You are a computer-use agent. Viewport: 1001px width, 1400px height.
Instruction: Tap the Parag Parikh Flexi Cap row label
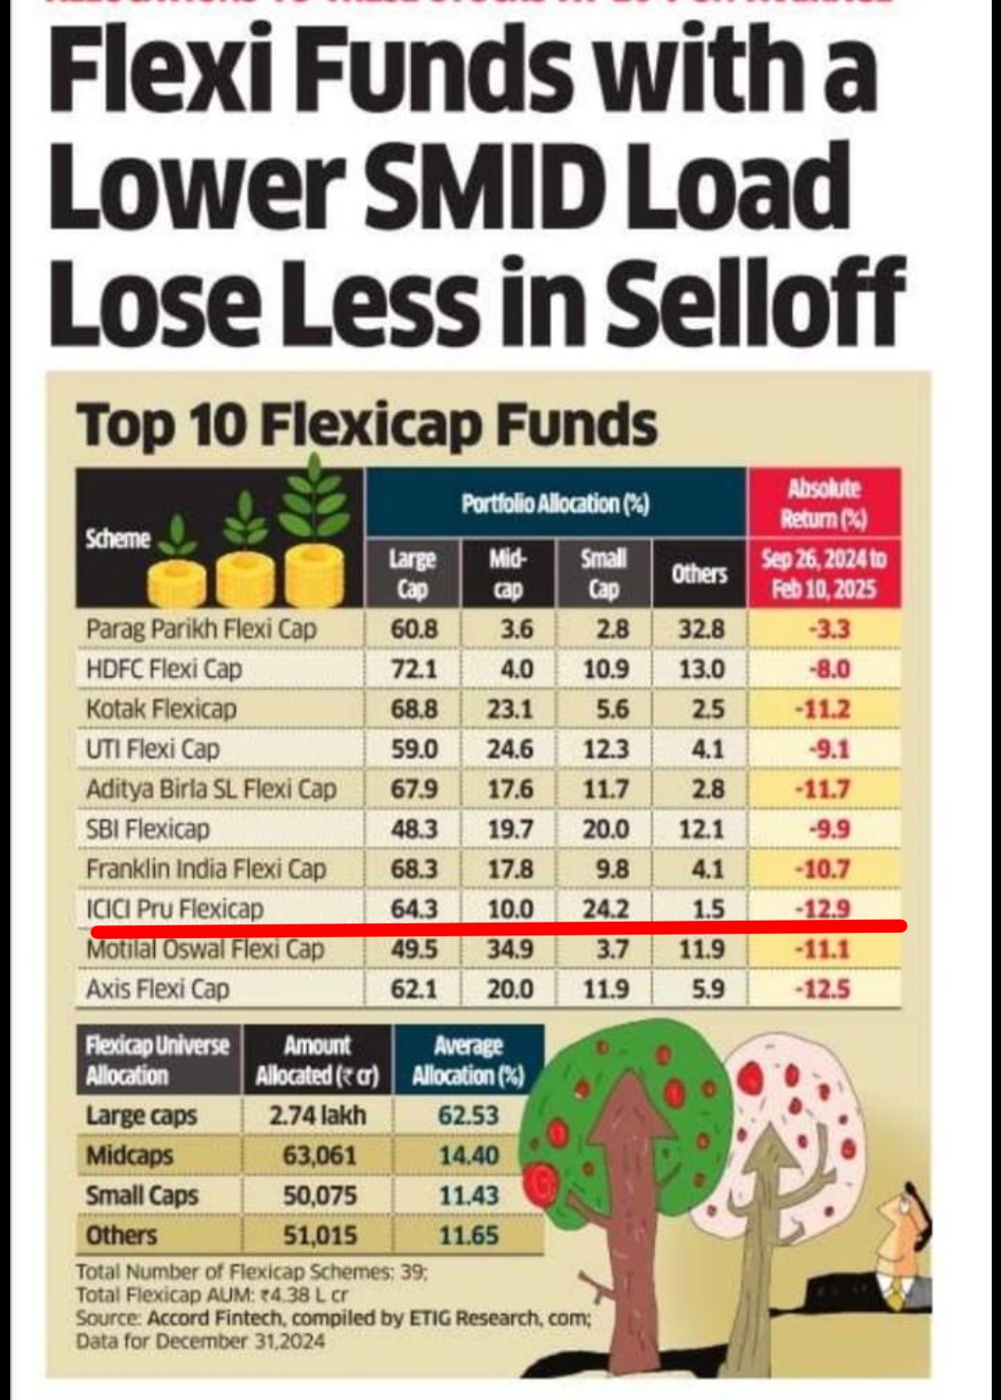click(x=200, y=630)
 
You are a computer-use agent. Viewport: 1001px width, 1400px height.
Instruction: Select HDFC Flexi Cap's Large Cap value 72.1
click(x=414, y=669)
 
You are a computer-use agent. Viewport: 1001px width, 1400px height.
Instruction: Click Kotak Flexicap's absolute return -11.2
click(x=823, y=709)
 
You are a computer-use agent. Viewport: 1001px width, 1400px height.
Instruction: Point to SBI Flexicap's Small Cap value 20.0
click(x=605, y=829)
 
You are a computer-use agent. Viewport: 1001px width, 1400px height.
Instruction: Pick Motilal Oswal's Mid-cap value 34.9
click(x=509, y=949)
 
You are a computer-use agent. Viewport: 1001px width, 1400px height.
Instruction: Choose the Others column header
click(x=699, y=574)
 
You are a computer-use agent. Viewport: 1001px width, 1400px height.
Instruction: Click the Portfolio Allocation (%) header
click(x=555, y=504)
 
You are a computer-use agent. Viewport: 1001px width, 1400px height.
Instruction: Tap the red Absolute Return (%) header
click(x=824, y=503)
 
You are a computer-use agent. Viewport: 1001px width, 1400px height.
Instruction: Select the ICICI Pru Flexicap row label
click(x=174, y=909)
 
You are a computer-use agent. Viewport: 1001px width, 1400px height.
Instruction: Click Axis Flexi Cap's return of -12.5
click(x=823, y=989)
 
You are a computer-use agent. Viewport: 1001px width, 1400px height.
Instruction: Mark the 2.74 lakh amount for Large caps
click(x=317, y=1115)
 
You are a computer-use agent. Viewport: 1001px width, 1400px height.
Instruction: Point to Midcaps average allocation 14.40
click(x=468, y=1156)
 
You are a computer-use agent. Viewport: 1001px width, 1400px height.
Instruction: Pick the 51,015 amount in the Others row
click(x=319, y=1236)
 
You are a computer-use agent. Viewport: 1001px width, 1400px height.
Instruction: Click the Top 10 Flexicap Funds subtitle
click(x=367, y=426)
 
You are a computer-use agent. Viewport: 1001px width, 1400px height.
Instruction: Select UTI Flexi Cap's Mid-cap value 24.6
click(x=509, y=749)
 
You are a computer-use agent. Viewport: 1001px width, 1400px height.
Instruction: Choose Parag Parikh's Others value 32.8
click(x=700, y=630)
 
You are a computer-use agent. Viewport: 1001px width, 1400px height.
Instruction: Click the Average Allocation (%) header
click(x=468, y=1061)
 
